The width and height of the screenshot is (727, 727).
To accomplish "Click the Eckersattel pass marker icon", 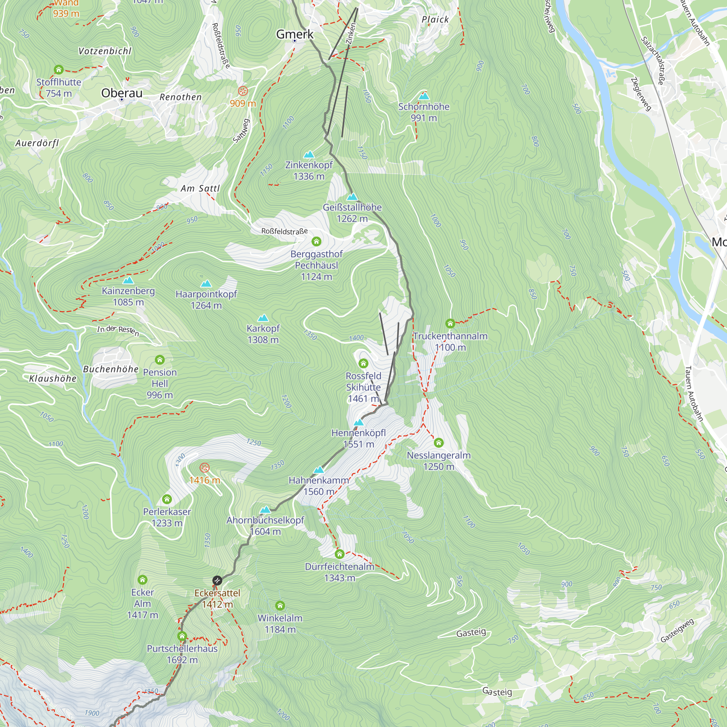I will coord(217,581).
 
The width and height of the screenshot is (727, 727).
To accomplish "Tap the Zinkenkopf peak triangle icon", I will coord(309,154).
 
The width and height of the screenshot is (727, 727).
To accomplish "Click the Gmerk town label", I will coord(295,34).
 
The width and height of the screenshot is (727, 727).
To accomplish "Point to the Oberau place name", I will coord(122,93).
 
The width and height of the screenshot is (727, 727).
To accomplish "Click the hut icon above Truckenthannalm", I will coord(450,323).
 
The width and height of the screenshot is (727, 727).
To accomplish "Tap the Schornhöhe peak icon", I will coord(424,96).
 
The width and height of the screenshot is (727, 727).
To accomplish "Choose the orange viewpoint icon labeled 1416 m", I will coord(204,468).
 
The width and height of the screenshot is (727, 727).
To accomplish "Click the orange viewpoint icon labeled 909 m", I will coord(243,91).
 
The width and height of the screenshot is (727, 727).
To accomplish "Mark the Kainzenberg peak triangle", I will coord(128,280).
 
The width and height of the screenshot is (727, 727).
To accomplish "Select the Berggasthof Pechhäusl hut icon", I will coord(317,241).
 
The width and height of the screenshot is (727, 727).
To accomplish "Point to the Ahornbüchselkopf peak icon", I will coord(266,510).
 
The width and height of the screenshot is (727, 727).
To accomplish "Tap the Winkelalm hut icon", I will coord(280,606).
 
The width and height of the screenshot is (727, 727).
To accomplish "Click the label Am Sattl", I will coord(200,189).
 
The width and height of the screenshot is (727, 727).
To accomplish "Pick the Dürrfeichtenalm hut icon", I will coord(340,554).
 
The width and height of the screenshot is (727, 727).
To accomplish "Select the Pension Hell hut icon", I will coord(160,360).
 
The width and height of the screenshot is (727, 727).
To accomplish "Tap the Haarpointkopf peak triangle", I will coord(206,284).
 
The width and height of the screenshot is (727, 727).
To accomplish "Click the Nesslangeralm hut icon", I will coord(439,442).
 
